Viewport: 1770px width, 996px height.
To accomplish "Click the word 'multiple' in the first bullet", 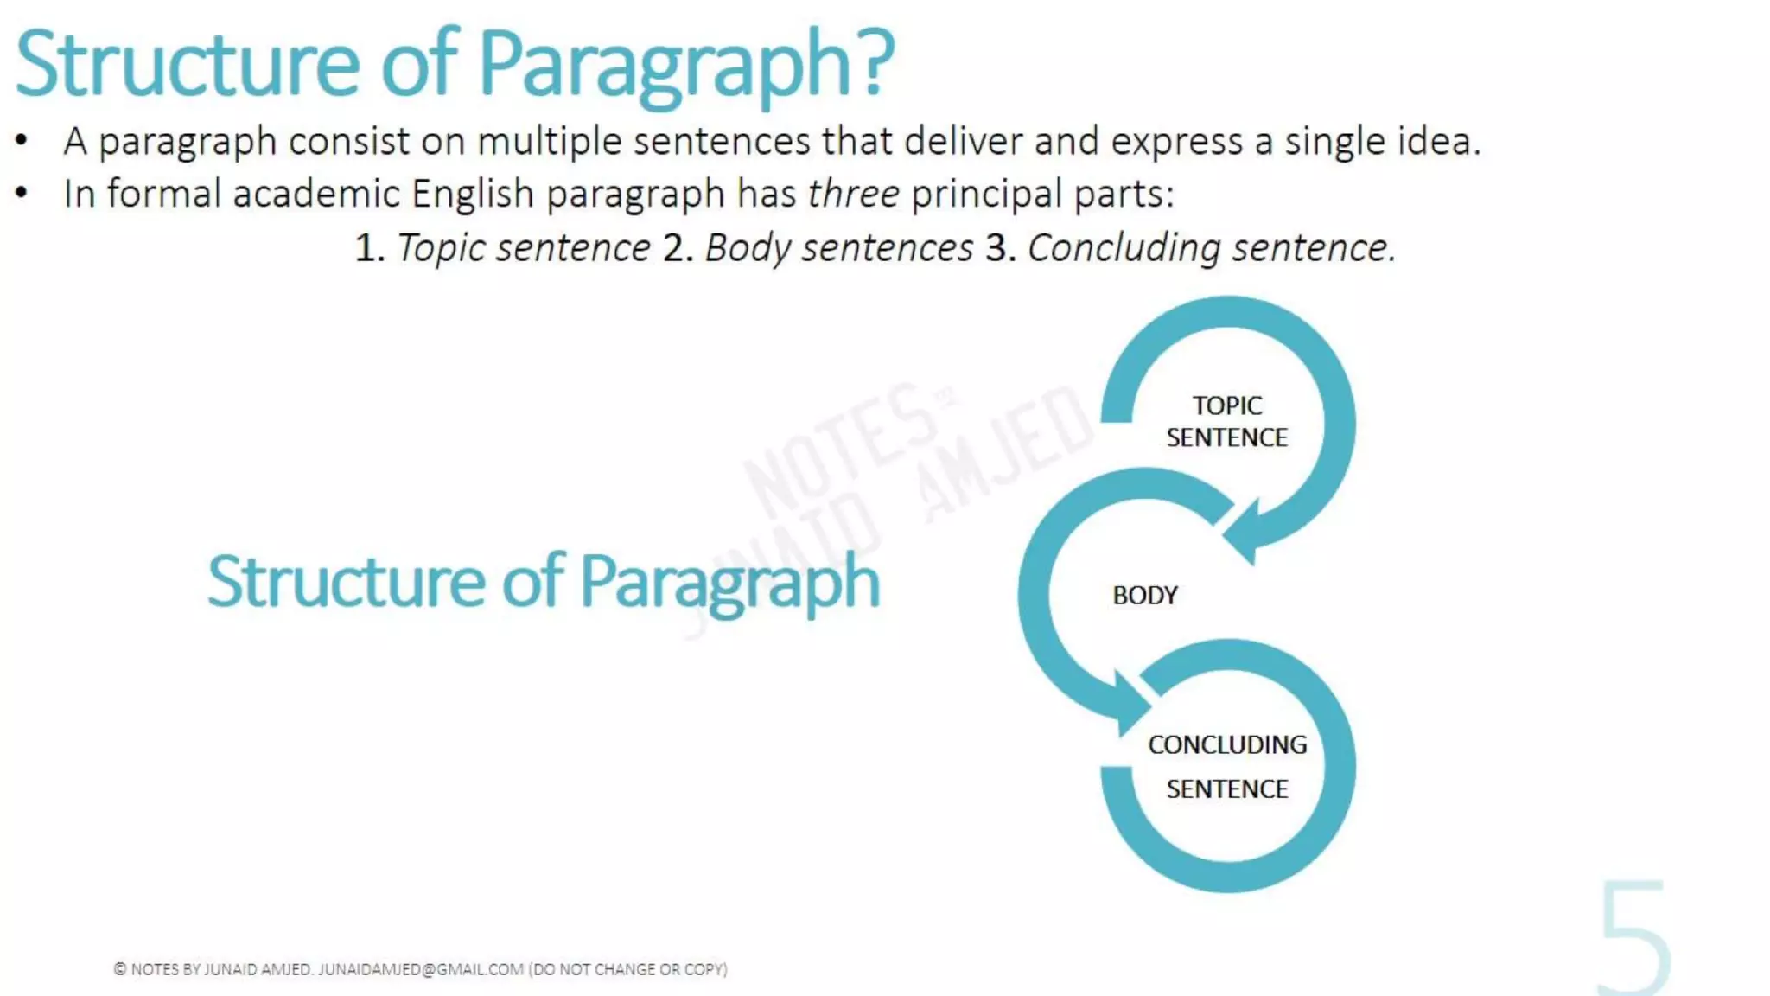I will coord(549,142).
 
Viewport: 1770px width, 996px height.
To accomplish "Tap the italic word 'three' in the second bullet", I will coord(853,194).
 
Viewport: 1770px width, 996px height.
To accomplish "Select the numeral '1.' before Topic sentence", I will coord(369,249).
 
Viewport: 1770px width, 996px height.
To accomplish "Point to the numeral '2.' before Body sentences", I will coord(678,249).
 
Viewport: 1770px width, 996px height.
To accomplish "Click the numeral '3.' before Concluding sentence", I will coord(1000,249).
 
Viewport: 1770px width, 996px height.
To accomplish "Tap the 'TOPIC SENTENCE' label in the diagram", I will coord(1226,421).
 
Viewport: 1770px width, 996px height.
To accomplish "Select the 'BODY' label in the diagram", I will coord(1144,596).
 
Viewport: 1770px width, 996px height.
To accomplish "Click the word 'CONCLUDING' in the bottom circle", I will coord(1226,744).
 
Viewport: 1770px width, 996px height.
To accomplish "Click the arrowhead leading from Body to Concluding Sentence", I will coord(1128,705).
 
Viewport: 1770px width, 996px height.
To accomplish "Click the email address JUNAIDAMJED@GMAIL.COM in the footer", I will coord(420,969).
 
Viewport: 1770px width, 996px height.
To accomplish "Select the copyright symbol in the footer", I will coord(120,969).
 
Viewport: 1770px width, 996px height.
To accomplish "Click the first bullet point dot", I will coord(22,141).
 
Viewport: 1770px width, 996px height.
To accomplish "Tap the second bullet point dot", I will coord(22,194).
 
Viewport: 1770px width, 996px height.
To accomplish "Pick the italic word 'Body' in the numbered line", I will coord(747,249).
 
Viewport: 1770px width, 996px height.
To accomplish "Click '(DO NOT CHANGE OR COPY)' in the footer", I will coord(628,969).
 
